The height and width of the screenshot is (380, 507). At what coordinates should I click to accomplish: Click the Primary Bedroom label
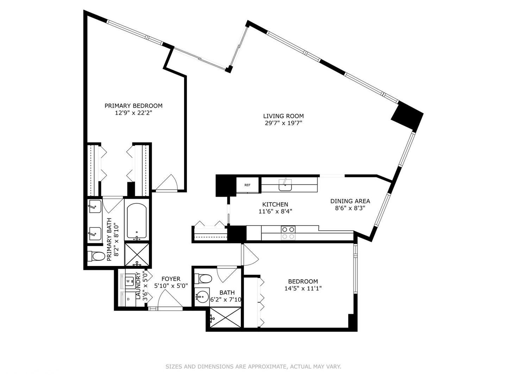pos(133,106)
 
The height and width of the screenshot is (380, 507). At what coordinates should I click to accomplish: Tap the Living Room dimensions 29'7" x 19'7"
pos(283,123)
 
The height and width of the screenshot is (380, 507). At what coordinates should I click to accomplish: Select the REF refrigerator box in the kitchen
pos(248,185)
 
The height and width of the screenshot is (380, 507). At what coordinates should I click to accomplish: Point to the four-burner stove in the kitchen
pos(288,233)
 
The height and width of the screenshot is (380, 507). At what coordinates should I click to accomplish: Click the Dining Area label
pos(350,201)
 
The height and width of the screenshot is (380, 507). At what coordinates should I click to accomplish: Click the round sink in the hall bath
pos(202,297)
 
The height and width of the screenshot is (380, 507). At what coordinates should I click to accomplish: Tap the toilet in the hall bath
pos(204,279)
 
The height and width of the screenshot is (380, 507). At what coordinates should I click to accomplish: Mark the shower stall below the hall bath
pos(226,318)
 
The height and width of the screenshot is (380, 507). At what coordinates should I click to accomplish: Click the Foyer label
pos(171,279)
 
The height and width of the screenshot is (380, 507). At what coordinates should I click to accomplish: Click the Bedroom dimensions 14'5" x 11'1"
pos(303,289)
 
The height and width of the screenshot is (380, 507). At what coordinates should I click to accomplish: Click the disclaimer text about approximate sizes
pos(253,367)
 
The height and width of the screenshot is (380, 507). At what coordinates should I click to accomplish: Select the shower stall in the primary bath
pos(137,254)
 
